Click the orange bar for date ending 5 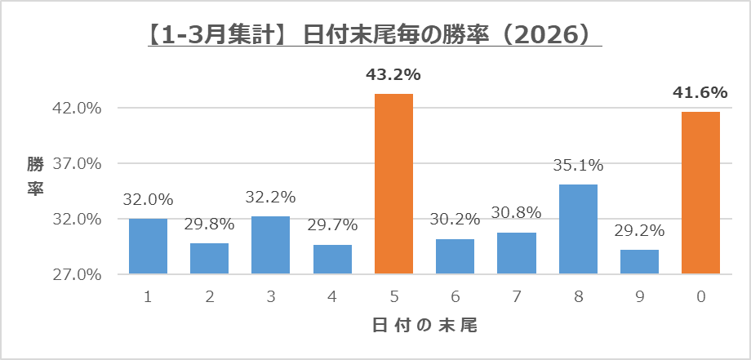click(393, 184)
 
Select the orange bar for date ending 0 click(700, 193)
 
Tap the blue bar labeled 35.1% click(577, 229)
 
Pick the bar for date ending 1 click(148, 246)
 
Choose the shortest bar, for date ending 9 click(639, 261)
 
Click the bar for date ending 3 click(270, 245)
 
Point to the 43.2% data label click(393, 75)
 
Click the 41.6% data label click(700, 93)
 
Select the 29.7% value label click(332, 225)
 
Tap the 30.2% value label click(455, 220)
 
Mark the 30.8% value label click(516, 213)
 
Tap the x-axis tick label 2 click(210, 298)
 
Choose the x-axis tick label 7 click(516, 298)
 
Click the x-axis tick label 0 click(700, 298)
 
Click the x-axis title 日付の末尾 click(424, 325)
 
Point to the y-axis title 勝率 click(35, 176)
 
